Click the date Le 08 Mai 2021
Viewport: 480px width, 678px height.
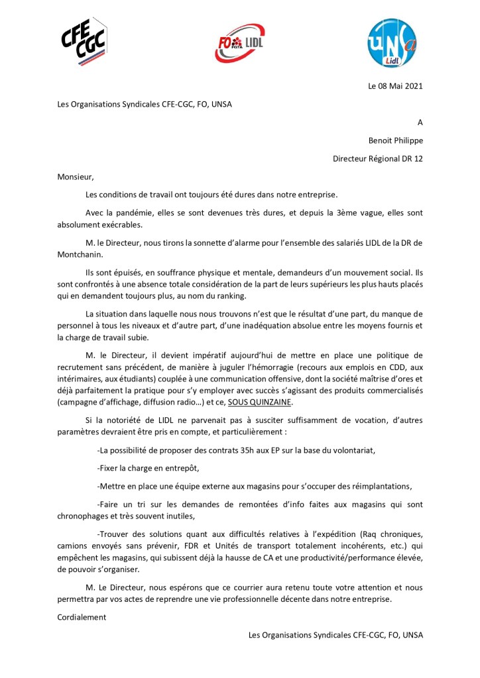tap(395, 86)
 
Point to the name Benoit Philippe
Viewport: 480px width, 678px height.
tap(395, 140)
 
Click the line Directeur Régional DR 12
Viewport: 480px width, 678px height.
tap(377, 158)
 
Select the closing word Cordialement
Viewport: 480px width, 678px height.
tap(82, 616)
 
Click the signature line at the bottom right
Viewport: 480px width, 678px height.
tap(335, 634)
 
